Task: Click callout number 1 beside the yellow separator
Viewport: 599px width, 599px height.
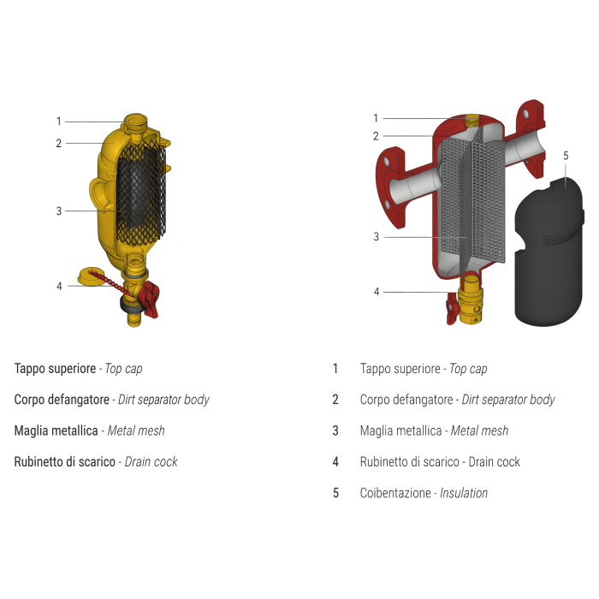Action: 59,122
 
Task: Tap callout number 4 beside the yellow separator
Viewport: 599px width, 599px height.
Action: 59,286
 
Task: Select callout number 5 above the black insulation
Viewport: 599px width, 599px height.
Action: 565,156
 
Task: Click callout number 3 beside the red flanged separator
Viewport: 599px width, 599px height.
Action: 376,236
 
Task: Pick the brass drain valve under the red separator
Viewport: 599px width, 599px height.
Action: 470,304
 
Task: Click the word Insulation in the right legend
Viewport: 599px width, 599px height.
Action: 464,493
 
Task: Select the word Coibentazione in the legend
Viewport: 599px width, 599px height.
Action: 395,493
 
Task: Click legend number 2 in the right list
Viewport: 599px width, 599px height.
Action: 335,400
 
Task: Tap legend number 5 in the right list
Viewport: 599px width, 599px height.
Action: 335,493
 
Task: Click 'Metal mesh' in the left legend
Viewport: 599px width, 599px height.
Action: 136,430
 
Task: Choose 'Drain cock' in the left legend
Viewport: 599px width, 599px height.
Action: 151,461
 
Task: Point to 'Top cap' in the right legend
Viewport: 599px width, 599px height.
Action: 468,369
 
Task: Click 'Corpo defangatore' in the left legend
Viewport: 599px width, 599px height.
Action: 62,400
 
